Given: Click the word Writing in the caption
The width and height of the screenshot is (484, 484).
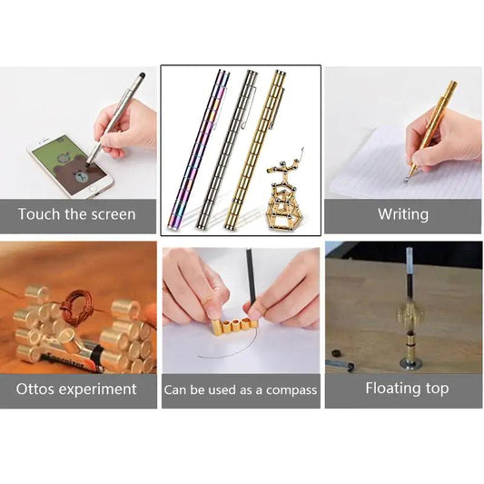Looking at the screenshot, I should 402,215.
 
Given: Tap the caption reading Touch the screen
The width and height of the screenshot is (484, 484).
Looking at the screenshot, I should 76,215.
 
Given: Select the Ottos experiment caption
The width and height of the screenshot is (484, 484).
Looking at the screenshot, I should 76,390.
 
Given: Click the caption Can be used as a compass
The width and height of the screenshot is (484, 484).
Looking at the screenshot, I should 241,390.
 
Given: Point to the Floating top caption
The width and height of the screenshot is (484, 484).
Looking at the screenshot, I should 402,390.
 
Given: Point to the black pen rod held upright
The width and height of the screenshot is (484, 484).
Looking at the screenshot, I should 248,282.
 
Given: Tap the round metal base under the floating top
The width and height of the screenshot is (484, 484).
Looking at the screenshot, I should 410,363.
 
